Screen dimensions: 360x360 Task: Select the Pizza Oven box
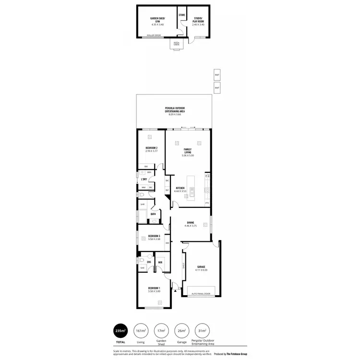[176, 44]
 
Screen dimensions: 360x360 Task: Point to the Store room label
[182, 15]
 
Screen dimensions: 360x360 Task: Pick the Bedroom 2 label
[152, 149]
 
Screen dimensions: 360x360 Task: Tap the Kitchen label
[180, 188]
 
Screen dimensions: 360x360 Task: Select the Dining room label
[191, 223]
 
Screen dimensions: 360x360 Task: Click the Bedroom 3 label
[154, 236]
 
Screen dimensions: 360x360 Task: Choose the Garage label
[201, 268]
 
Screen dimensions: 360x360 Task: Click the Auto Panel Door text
[201, 294]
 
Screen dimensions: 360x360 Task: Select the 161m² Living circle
[141, 331]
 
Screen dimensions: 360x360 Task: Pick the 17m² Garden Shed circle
[162, 331]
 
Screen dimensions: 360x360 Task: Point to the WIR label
[160, 262]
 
